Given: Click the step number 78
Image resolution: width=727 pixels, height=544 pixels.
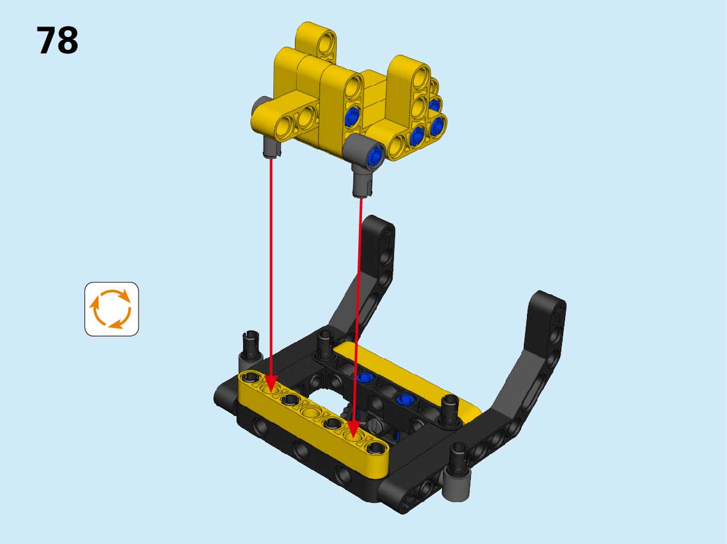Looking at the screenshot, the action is click(57, 41).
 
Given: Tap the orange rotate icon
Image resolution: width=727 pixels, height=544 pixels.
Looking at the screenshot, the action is click(112, 309).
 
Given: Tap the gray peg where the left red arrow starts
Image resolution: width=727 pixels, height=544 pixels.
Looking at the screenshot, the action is click(271, 146).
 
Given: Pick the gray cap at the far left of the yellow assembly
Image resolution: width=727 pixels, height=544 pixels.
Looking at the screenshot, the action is click(260, 106).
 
